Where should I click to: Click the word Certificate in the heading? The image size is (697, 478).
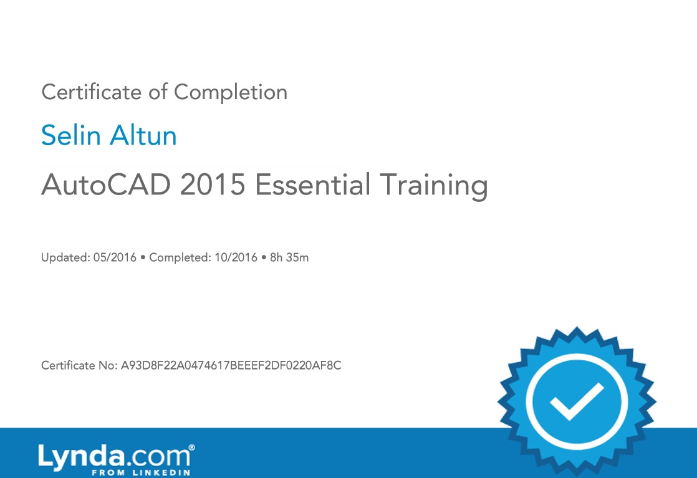(91, 92)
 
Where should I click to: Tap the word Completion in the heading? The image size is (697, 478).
(231, 93)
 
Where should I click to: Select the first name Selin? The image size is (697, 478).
(71, 135)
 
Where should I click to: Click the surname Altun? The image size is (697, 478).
(143, 135)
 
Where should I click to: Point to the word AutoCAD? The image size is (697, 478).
(106, 184)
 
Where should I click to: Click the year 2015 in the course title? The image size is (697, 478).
(213, 184)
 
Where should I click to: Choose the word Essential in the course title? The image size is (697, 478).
(312, 184)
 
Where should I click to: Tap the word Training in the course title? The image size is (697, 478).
(434, 186)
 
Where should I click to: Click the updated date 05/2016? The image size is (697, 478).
(115, 257)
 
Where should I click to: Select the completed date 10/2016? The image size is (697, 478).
(236, 257)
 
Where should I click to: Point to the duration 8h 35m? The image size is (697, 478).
(289, 257)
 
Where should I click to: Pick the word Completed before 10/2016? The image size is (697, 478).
(180, 257)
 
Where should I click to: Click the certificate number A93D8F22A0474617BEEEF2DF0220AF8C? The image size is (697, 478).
(231, 365)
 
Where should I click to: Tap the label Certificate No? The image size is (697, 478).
(79, 365)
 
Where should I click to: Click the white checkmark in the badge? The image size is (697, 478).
(577, 401)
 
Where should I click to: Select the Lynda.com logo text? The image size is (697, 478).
(115, 457)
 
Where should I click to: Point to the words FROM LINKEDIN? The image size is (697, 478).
(141, 472)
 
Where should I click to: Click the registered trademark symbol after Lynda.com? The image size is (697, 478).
(191, 447)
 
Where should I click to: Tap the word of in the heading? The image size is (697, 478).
(158, 92)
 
